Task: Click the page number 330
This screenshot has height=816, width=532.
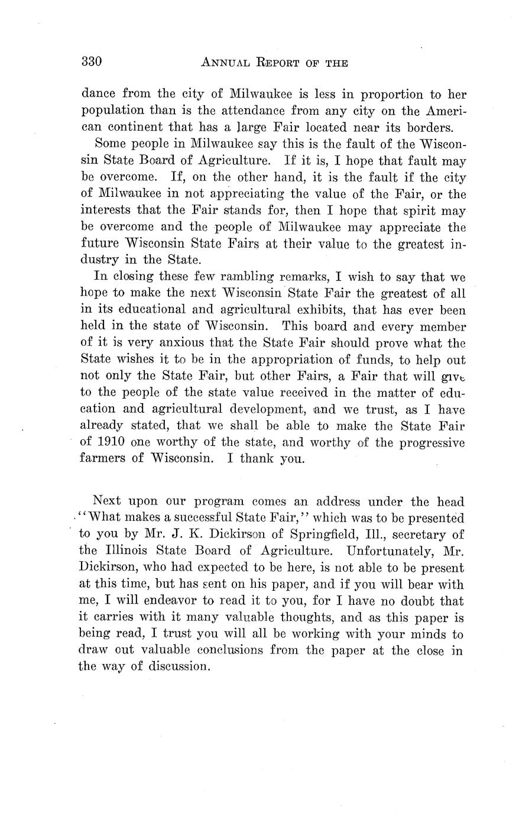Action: coord(92,61)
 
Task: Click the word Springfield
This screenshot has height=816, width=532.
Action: coord(316,535)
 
